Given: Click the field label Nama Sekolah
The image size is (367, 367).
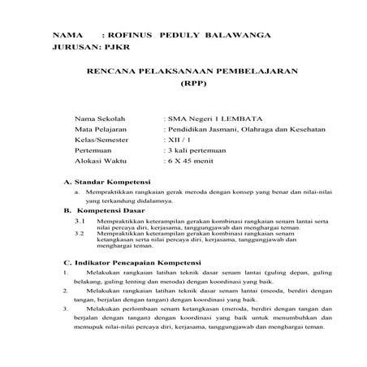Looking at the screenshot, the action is (x=97, y=118).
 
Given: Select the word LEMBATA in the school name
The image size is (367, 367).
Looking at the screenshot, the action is (x=240, y=118).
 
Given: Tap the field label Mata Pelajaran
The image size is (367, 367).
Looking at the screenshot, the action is (x=100, y=128).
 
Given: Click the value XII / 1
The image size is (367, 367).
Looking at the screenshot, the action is (x=180, y=139).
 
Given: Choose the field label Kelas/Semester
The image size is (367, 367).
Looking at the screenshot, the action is (x=102, y=139).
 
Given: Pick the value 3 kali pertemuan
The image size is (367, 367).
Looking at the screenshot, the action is (x=195, y=150).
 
